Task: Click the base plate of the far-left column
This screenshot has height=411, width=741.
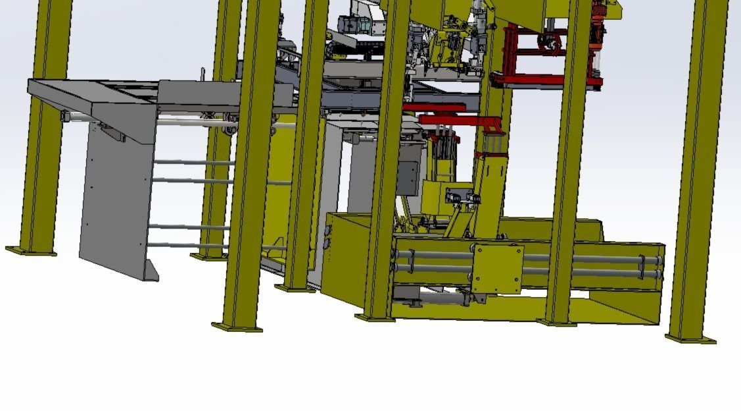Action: pyautogui.click(x=31, y=251)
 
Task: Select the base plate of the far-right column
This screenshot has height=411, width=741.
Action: pyautogui.click(x=690, y=339)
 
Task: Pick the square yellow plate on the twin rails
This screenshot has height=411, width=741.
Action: pyautogui.click(x=497, y=268)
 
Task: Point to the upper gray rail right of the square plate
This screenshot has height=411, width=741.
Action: pyautogui.click(x=592, y=258)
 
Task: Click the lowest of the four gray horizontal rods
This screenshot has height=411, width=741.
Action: pyautogui.click(x=187, y=246)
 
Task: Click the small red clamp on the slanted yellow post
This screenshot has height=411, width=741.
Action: pyautogui.click(x=491, y=155)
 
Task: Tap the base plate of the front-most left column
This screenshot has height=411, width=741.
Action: pyautogui.click(x=237, y=327)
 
